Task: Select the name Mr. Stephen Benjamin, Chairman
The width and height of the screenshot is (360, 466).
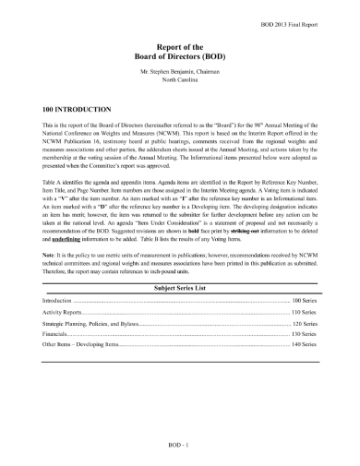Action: (179, 69)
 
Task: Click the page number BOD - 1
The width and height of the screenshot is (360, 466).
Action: (179, 447)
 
